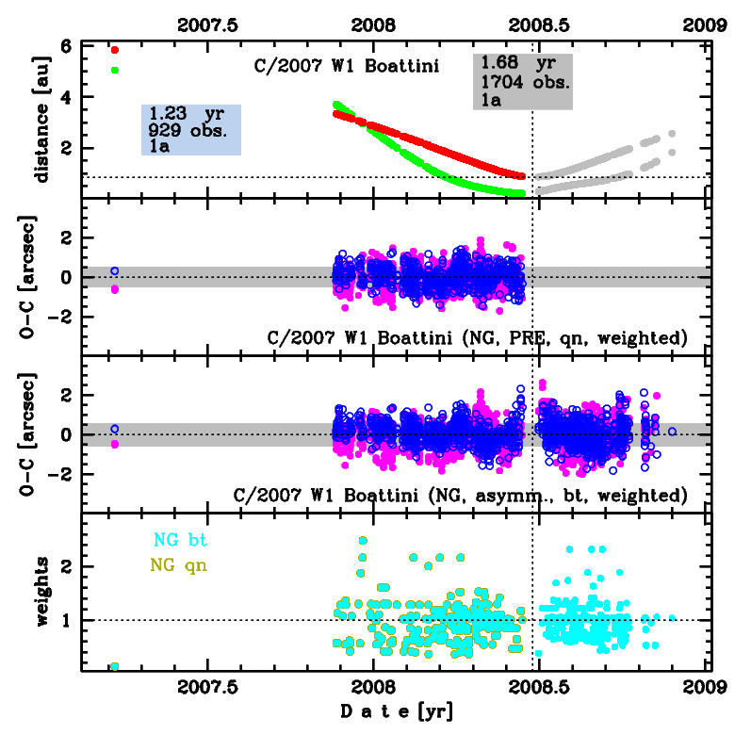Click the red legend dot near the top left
click(115, 50)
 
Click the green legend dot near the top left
click(115, 70)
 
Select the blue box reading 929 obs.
click(191, 129)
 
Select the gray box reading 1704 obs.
click(523, 81)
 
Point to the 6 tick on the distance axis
click(66, 46)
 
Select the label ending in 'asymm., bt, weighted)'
click(460, 494)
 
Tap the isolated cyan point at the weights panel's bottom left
click(115, 666)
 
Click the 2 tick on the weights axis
click(66, 566)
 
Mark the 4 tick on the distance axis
click(66, 97)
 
